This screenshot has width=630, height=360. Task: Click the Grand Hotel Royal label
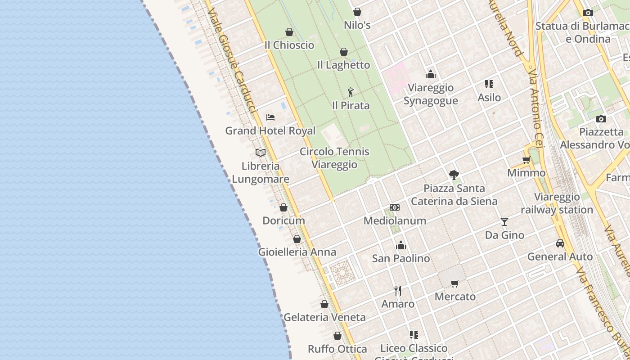point(270,131)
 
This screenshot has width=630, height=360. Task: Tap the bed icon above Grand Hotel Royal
point(270,117)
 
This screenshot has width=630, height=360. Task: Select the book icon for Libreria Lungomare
point(261,153)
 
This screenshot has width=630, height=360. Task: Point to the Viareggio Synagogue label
point(431,94)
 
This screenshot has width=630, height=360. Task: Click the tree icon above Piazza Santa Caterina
point(454,175)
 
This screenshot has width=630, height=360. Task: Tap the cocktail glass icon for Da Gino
point(504,222)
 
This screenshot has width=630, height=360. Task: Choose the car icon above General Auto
point(560,243)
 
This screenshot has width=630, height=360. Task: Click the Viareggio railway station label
point(557,203)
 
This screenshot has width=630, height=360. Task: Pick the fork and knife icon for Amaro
point(398,290)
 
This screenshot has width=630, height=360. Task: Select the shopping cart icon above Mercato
point(454,283)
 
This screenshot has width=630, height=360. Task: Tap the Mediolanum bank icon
point(395,207)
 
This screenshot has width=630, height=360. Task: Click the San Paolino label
point(400,259)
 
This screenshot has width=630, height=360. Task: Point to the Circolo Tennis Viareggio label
point(334,158)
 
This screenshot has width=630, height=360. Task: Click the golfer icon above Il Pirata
point(351,92)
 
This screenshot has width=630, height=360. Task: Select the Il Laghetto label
point(343,65)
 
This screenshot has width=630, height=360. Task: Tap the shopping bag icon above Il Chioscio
point(289,32)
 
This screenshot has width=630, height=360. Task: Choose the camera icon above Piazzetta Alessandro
point(601,119)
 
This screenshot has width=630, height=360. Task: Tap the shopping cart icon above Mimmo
point(526,160)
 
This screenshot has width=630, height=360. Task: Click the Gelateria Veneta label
point(324,317)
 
